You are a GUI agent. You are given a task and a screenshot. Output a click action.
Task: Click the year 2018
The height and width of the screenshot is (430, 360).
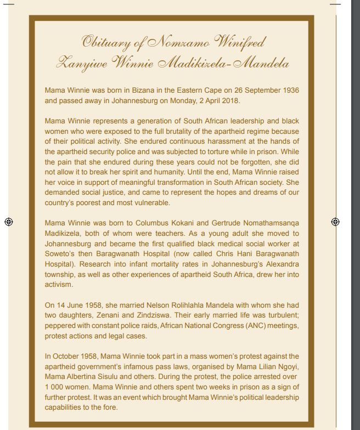pyautogui.click(x=230, y=101)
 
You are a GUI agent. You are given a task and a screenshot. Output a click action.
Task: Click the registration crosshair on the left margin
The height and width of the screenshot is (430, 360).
pyautogui.click(x=8, y=222)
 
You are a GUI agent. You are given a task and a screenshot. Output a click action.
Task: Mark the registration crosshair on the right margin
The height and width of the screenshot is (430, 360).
pyautogui.click(x=335, y=222)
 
